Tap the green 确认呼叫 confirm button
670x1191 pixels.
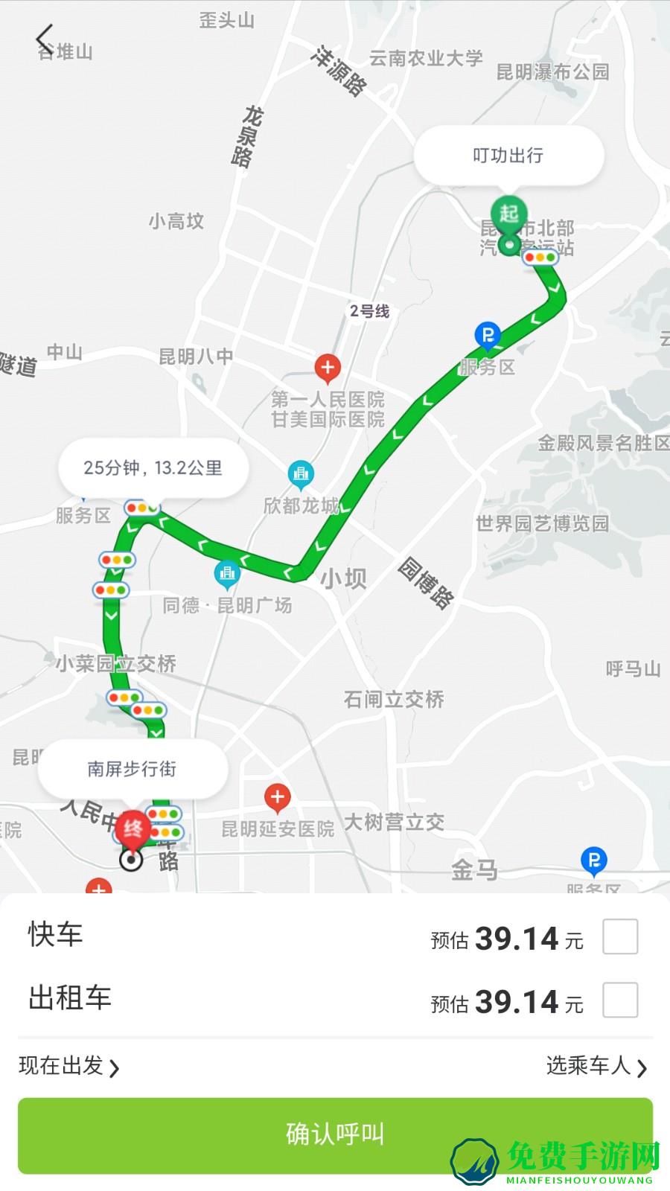coord(335,1134)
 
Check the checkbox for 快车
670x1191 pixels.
coord(620,936)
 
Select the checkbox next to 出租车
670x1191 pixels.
coord(620,1000)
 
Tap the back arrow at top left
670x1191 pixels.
coord(45,38)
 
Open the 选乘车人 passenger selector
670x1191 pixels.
coord(596,1066)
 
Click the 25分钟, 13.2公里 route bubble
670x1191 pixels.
coord(153,468)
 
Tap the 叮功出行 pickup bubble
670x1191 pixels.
coord(508,156)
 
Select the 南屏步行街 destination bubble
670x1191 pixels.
coord(132,769)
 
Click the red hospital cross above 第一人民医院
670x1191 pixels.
coord(328,366)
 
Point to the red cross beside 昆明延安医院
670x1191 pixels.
coord(278,797)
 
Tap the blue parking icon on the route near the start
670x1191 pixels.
coord(488,336)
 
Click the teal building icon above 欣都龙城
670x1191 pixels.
coord(301,473)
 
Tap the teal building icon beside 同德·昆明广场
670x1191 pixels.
coord(227,573)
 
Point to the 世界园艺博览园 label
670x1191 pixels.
coord(542,523)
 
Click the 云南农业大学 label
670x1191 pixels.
coord(426,58)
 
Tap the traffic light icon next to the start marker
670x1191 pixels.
coord(540,258)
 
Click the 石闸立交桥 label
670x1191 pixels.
coord(394,699)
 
